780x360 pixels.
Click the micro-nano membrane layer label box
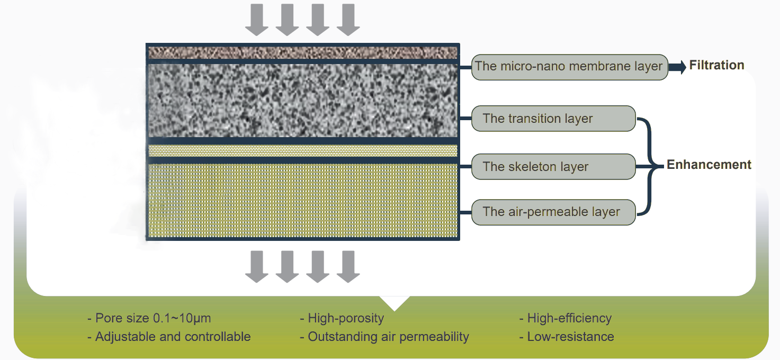tap(569, 67)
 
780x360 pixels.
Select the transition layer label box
tap(553, 119)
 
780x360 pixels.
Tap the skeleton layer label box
tap(553, 167)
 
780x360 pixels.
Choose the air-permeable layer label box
tap(553, 212)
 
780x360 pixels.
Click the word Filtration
tap(716, 66)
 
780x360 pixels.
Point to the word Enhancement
tap(709, 165)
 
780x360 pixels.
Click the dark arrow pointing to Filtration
tap(677, 67)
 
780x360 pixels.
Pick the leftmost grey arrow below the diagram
tap(257, 266)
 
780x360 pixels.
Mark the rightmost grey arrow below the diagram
tap(348, 266)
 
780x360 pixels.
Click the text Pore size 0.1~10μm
tap(149, 319)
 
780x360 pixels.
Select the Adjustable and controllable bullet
tap(169, 337)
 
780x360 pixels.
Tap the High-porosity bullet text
tap(342, 319)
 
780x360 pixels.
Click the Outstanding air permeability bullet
tap(384, 337)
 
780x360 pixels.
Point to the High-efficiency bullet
tap(565, 319)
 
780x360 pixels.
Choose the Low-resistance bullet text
tap(567, 337)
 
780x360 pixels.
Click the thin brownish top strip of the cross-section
tap(302, 52)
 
